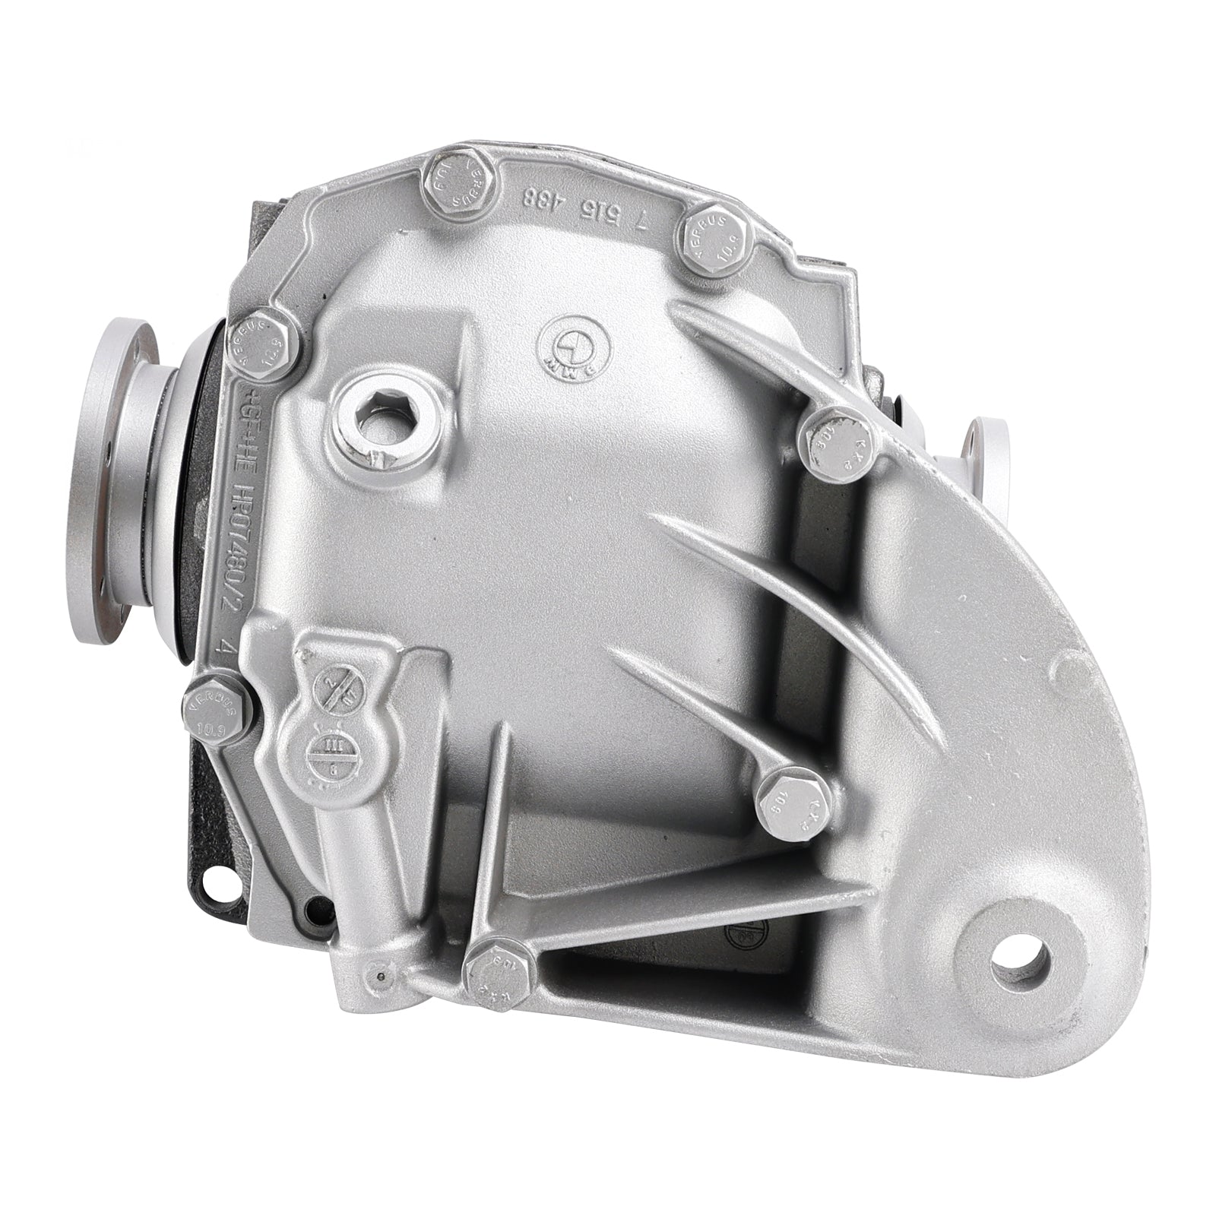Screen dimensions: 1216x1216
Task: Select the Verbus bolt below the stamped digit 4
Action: click(216, 711)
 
